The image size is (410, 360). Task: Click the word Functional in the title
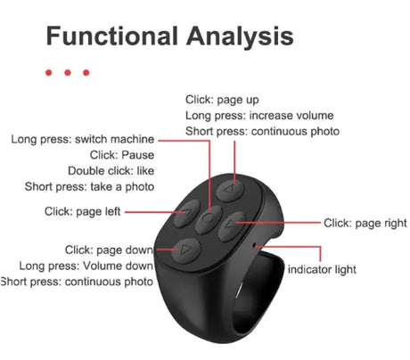(112, 36)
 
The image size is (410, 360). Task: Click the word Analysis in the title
(240, 37)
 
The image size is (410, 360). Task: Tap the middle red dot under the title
(68, 72)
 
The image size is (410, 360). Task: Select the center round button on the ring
(209, 219)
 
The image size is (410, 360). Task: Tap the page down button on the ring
(186, 251)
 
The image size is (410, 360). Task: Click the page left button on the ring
(186, 214)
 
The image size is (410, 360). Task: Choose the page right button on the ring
(232, 226)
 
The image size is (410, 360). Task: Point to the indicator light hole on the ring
(254, 245)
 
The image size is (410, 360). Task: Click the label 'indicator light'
(322, 269)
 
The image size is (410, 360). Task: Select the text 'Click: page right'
(365, 223)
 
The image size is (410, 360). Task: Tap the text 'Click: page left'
(82, 211)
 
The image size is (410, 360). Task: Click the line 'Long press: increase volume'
(259, 115)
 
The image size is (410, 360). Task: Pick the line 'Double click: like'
(111, 170)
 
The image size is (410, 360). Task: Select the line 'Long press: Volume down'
(86, 266)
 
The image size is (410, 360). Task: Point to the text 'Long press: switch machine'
(83, 139)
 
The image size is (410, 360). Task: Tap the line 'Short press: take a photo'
(89, 186)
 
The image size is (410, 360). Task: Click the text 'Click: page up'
(222, 100)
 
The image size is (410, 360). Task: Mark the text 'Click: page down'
(109, 250)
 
